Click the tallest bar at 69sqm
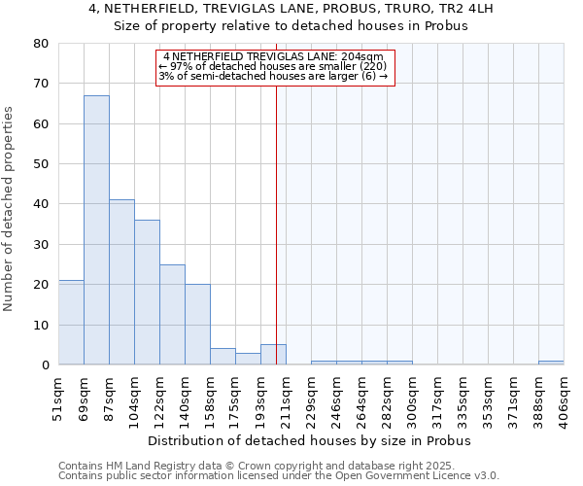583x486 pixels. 96,230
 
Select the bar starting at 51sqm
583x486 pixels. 71,323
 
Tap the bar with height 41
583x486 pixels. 121,282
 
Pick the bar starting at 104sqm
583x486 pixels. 147,293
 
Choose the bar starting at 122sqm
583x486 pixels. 172,315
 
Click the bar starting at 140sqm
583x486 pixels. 197,325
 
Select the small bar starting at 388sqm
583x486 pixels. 551,363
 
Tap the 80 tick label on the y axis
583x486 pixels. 41,44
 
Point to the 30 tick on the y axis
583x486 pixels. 41,244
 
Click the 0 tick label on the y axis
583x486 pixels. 45,365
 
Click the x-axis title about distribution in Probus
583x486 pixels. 310,440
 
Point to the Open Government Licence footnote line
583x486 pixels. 279,476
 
